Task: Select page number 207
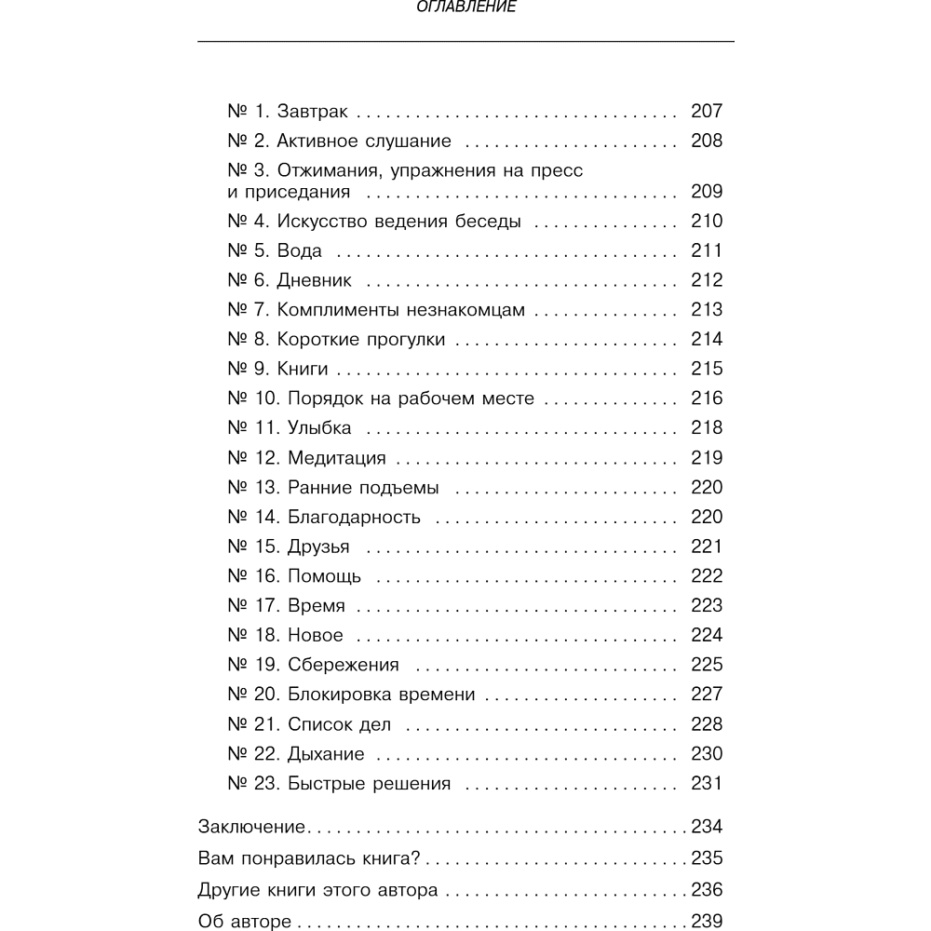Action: pyautogui.click(x=707, y=112)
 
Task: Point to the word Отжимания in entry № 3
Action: pyautogui.click(x=327, y=171)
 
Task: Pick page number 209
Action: pyautogui.click(x=707, y=193)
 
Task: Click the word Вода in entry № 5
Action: pyautogui.click(x=300, y=251)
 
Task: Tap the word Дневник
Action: pyautogui.click(x=315, y=281)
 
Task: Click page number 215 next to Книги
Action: pyautogui.click(x=707, y=369)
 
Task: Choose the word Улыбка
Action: pyautogui.click(x=319, y=428)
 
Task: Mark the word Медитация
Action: pyautogui.click(x=336, y=458)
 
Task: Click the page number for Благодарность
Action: pyautogui.click(x=707, y=517)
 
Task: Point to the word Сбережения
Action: pyautogui.click(x=343, y=665)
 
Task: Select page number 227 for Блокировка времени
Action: pyautogui.click(x=707, y=695)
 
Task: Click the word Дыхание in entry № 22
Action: pyautogui.click(x=326, y=754)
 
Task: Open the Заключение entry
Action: pyautogui.click(x=252, y=827)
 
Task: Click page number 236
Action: pyautogui.click(x=707, y=890)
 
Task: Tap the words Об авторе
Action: pyautogui.click(x=245, y=923)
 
